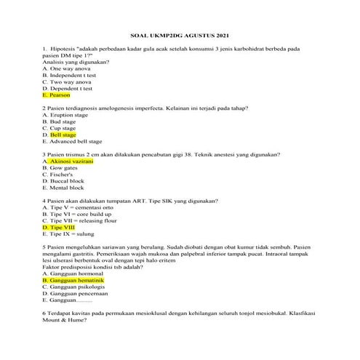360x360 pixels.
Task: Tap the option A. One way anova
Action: tap(66, 69)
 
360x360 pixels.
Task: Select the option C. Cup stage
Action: tap(61, 128)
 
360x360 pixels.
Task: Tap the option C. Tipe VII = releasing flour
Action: tap(81, 220)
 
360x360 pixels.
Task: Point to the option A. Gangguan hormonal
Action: tap(73, 273)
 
